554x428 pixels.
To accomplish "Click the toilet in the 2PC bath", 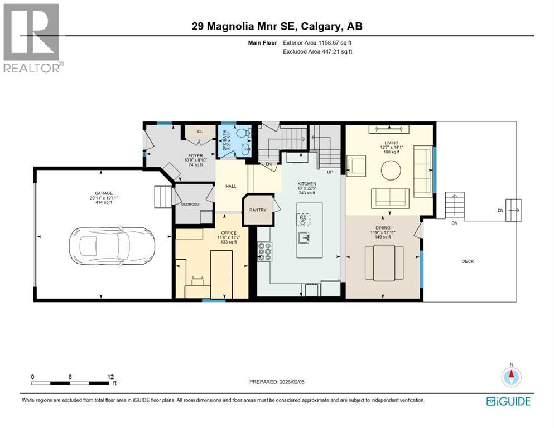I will [x=241, y=133].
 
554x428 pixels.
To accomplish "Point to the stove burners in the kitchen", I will [x=265, y=251].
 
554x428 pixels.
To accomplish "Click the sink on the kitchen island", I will [x=305, y=237].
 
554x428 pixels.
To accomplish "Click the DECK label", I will [x=468, y=261].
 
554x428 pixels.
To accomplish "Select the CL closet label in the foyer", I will [x=199, y=132].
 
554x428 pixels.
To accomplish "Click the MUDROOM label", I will [x=192, y=205].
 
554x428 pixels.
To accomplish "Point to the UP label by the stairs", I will [x=330, y=172].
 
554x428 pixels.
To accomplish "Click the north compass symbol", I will [x=511, y=377].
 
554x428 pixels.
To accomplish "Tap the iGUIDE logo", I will [x=508, y=401].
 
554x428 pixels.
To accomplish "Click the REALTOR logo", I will [x=32, y=37].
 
